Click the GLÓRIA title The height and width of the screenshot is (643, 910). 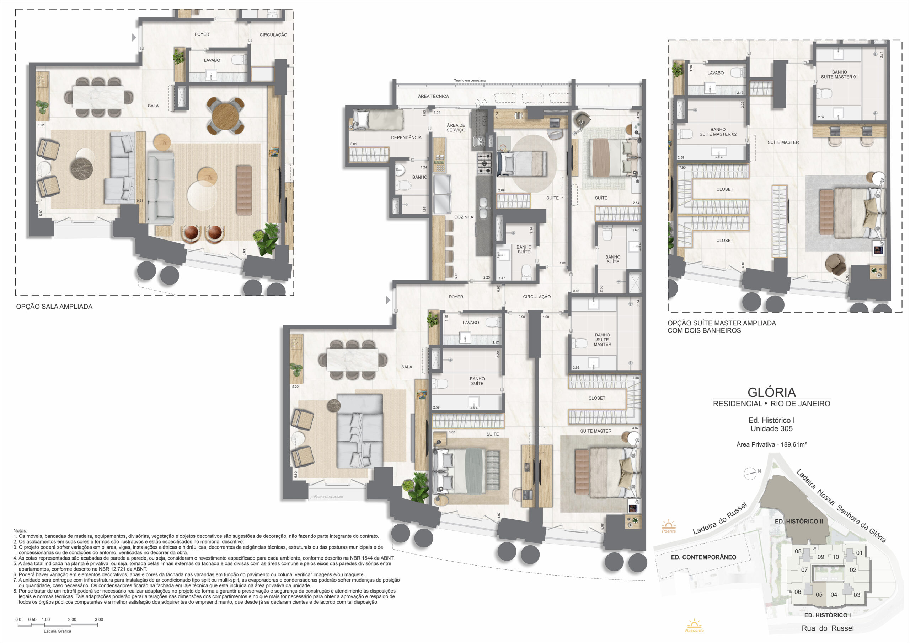coord(771,392)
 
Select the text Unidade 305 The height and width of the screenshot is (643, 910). coord(771,429)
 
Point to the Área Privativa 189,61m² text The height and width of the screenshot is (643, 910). coord(771,444)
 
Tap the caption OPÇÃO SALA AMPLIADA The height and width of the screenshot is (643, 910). coord(54,307)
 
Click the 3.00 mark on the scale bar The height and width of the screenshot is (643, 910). coord(99,620)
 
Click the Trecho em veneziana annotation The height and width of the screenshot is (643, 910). coord(470,80)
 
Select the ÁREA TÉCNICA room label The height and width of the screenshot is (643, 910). coord(433,96)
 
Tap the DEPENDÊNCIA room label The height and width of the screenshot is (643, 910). coord(406,137)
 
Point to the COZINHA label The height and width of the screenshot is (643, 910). coord(464,217)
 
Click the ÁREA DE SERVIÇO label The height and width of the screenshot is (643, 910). coord(456,128)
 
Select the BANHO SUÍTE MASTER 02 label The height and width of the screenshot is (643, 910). coord(718,132)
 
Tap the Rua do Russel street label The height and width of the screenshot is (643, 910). coord(828,628)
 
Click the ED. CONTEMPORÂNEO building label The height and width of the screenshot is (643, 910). coord(703,557)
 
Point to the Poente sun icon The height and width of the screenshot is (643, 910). coord(669,526)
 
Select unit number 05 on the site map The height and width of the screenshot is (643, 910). coord(819,595)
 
